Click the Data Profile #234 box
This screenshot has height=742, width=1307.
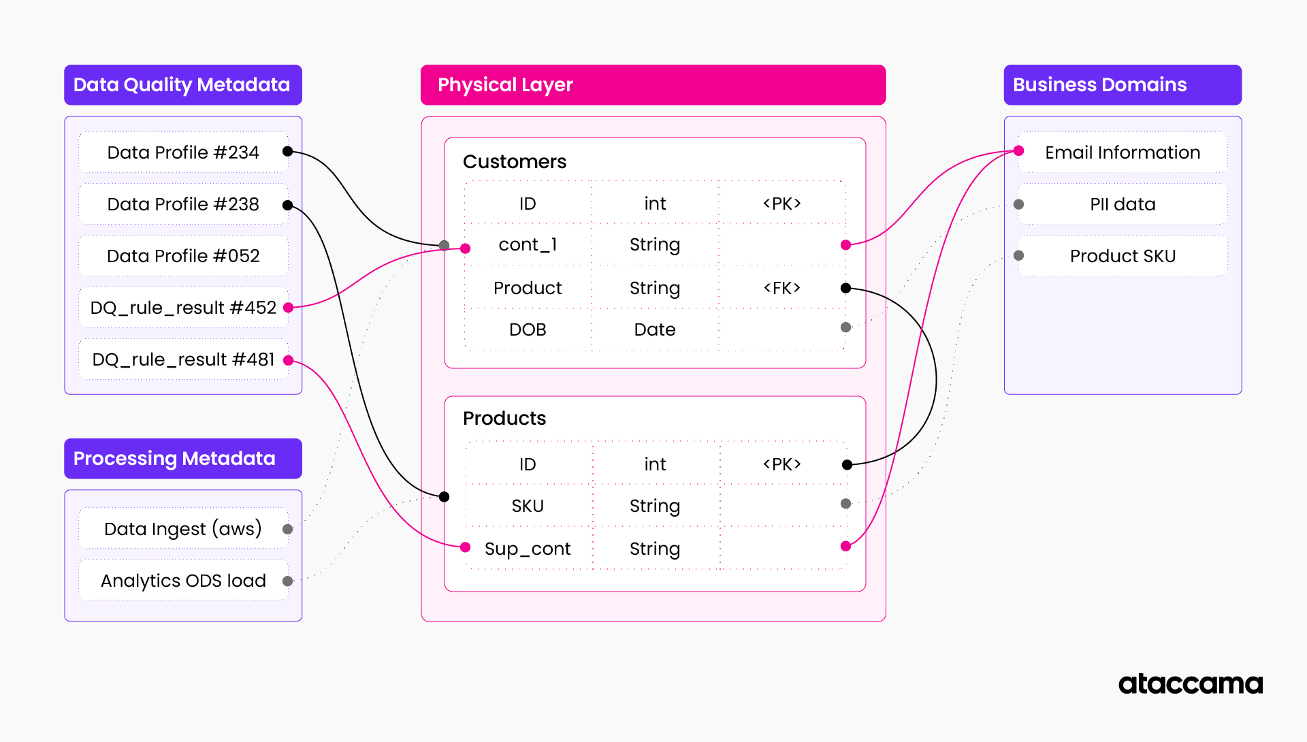[183, 152]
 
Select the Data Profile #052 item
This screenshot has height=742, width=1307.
[183, 256]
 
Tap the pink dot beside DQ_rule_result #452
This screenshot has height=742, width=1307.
[288, 308]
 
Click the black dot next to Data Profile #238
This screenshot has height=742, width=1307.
[287, 205]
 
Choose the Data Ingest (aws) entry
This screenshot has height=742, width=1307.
[183, 529]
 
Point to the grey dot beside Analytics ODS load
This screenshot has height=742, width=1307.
[287, 581]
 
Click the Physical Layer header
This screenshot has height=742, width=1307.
[653, 85]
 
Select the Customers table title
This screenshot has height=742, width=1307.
[515, 162]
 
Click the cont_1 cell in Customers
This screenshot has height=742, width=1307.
[528, 244]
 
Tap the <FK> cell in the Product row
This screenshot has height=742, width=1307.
[781, 288]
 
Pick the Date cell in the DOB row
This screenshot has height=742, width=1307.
[654, 329]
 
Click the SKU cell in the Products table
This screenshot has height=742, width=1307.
[528, 506]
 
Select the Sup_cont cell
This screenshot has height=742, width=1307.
[528, 549]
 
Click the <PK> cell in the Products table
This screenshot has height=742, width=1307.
[781, 464]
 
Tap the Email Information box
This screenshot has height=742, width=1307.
[1123, 152]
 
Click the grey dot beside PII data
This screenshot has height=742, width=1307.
[1018, 204]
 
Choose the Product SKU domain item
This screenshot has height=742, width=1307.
[1123, 256]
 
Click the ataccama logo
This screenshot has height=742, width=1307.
[1190, 683]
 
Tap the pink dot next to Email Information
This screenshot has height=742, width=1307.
[1018, 150]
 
